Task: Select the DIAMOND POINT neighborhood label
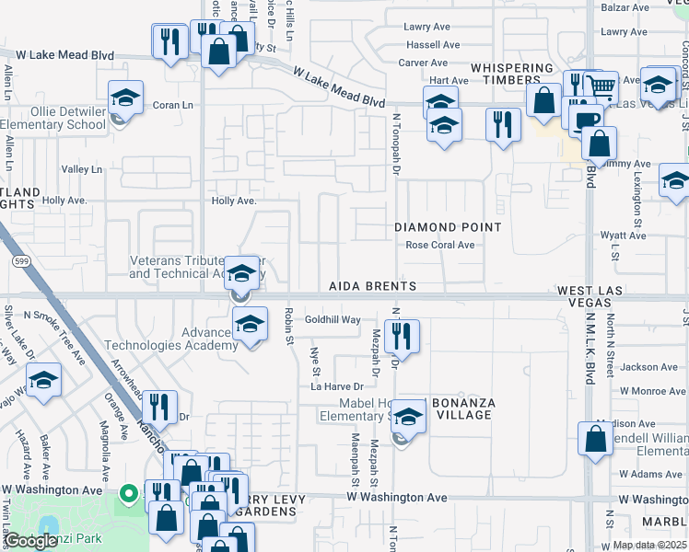(x=448, y=227)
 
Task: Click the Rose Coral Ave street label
(x=440, y=246)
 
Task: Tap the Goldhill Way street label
(x=333, y=319)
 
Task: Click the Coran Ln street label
(x=171, y=105)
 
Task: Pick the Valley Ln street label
(x=82, y=169)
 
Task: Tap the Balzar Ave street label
(x=626, y=7)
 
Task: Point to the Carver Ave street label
(x=423, y=63)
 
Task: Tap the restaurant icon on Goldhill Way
(x=403, y=336)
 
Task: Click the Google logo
(x=30, y=541)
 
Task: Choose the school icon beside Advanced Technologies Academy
(x=250, y=323)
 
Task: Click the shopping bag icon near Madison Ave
(x=596, y=439)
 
